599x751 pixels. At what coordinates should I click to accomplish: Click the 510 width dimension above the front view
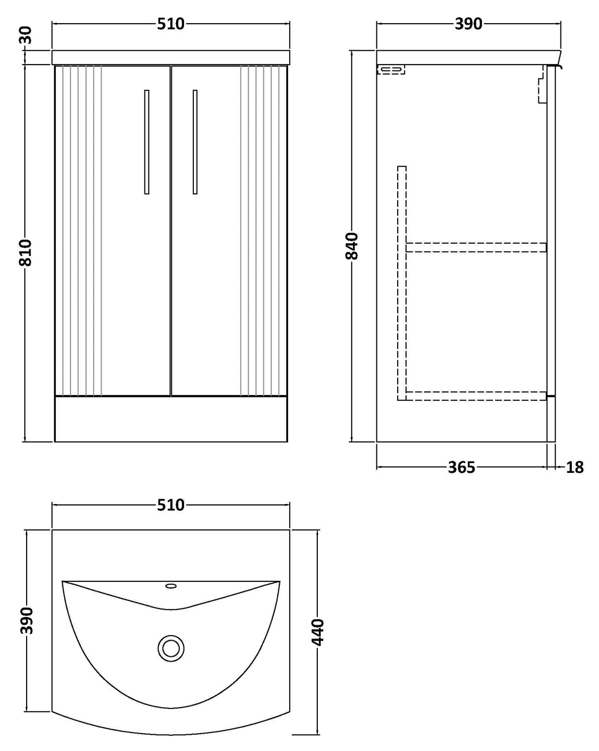tap(171, 24)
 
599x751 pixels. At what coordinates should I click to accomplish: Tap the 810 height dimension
tap(26, 252)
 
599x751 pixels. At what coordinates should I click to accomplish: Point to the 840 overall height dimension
tap(352, 246)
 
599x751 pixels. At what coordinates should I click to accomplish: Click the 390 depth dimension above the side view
tap(468, 24)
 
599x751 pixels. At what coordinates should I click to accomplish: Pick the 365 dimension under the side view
tap(461, 467)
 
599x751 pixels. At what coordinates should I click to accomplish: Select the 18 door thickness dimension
tap(574, 467)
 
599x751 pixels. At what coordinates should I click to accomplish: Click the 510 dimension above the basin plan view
tap(171, 505)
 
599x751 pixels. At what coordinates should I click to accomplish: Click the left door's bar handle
tap(147, 142)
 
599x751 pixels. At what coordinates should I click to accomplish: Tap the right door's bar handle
tap(195, 142)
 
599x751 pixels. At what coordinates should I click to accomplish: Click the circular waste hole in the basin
tap(171, 647)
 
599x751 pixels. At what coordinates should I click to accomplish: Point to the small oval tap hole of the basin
tap(171, 586)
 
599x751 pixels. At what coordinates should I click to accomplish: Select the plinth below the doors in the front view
tap(171, 419)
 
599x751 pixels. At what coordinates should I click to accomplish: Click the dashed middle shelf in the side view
tap(476, 247)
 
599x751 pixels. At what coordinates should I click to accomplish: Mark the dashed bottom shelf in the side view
tap(476, 395)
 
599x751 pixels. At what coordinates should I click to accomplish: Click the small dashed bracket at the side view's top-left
tap(391, 70)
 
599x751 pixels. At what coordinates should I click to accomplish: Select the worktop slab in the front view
tap(171, 57)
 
